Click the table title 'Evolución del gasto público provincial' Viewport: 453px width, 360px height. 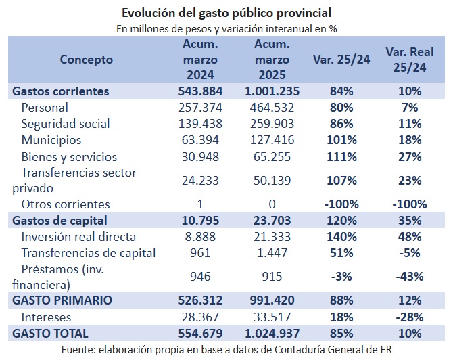tap(226, 13)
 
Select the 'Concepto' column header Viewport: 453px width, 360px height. tap(86, 60)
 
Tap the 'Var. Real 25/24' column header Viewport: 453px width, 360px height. tap(410, 60)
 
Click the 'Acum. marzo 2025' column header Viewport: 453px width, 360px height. tap(272, 60)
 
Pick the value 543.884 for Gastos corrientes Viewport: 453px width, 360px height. tap(200, 91)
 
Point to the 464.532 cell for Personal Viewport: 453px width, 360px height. tap(272, 108)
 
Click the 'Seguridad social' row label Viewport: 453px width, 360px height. tap(66, 124)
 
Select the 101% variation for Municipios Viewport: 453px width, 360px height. tap(341, 140)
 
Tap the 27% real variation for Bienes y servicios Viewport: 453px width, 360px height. tap(410, 157)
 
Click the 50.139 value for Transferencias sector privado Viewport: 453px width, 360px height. tap(272, 181)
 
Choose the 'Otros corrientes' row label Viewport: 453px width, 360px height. tap(66, 204)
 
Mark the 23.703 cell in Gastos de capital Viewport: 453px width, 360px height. tap(272, 221)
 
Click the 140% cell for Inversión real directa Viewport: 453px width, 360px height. tap(341, 237)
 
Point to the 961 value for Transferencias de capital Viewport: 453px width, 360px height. tap(200, 253)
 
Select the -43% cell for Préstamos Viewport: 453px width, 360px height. tap(410, 277)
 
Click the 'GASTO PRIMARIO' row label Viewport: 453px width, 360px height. tap(62, 300)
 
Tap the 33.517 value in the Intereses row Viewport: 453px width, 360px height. tap(272, 317)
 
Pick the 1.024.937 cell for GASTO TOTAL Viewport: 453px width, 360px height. tap(272, 334)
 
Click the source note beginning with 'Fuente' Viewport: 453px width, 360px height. tap(226, 350)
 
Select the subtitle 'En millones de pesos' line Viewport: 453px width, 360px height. tap(226, 29)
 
